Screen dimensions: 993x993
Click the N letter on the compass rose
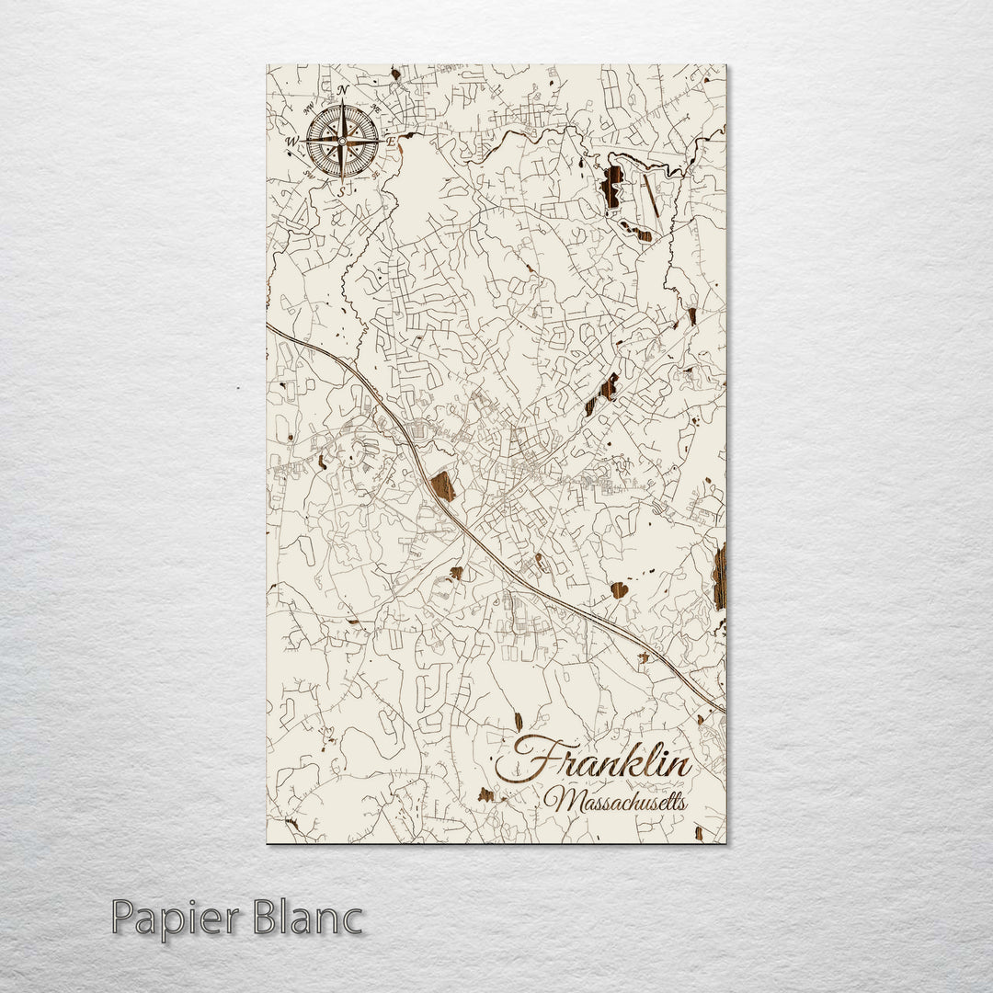click(x=343, y=90)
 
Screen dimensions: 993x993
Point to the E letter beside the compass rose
click(x=390, y=143)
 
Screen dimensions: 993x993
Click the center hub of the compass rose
click(x=341, y=142)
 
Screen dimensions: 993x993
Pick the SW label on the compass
click(x=309, y=175)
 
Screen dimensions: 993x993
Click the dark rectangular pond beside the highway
click(x=443, y=486)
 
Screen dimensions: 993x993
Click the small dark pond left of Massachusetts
click(x=485, y=793)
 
